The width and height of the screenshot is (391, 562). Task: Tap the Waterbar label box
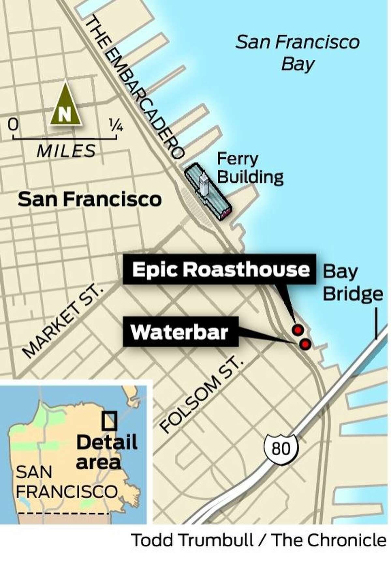coord(180,332)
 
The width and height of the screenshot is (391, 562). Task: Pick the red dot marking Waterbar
coord(305,344)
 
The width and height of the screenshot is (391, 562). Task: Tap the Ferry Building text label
coord(250,168)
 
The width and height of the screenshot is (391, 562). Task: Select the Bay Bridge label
coord(353,283)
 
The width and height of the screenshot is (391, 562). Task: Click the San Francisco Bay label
coord(297,53)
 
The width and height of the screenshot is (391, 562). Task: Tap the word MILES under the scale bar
coord(66,151)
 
